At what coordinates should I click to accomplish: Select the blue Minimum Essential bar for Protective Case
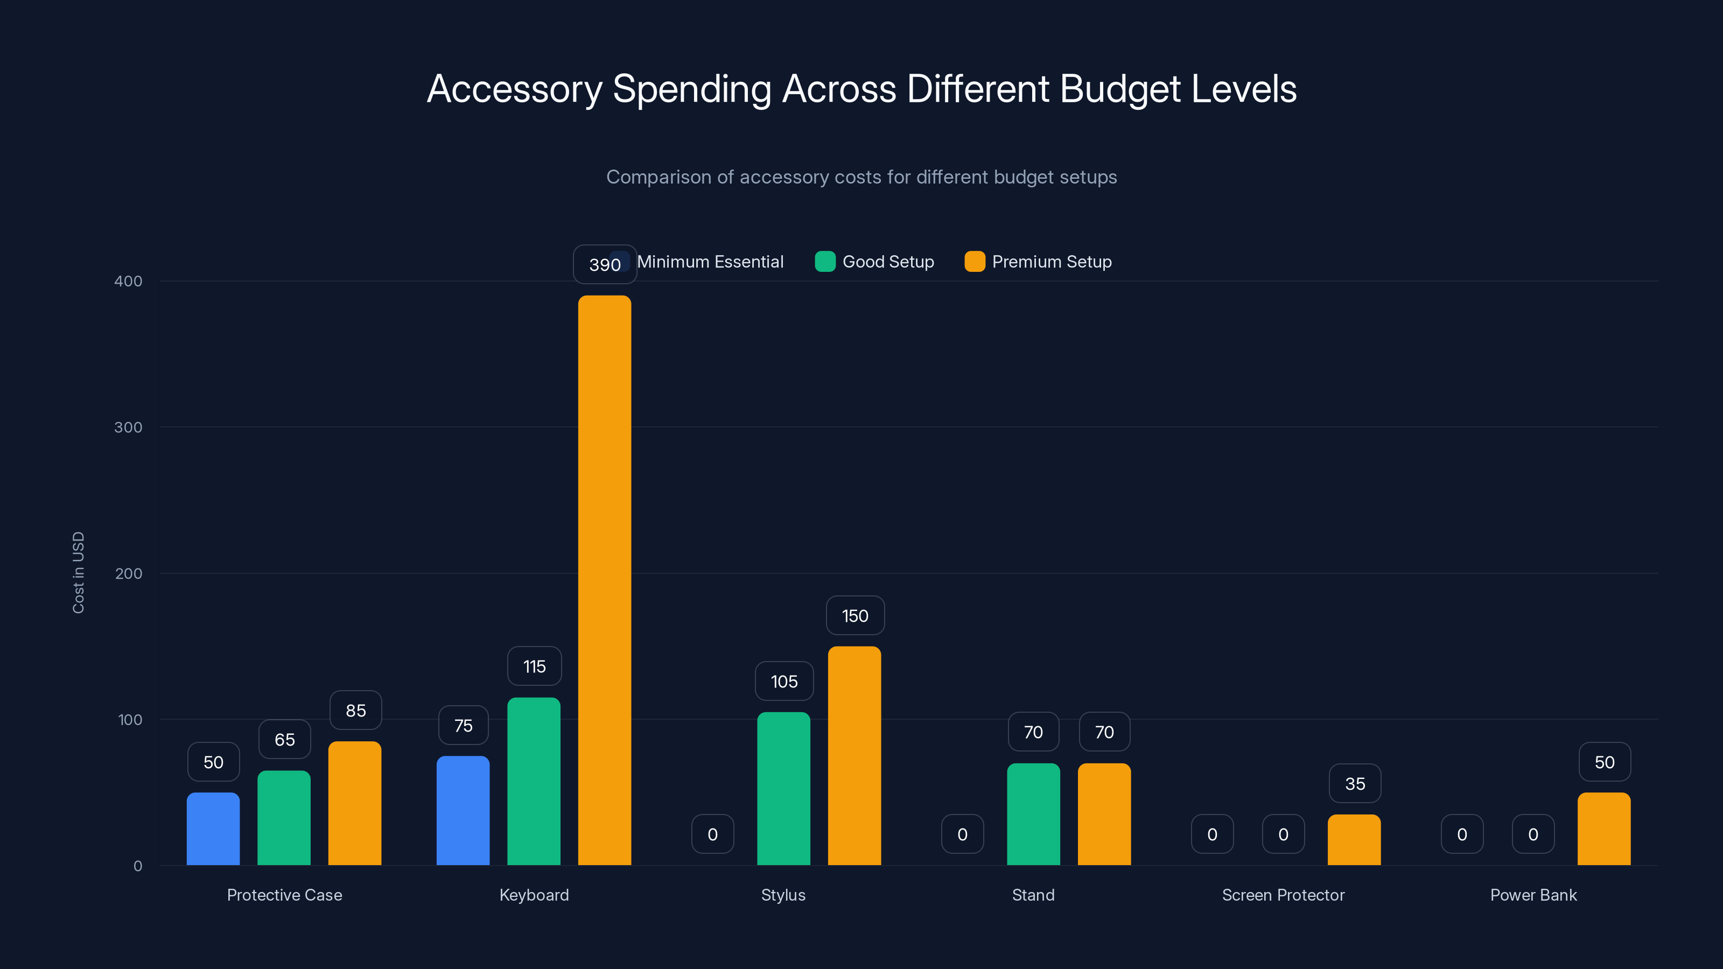tap(213, 828)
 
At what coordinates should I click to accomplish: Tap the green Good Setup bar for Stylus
tap(783, 789)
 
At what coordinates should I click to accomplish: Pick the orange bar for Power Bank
tap(1603, 828)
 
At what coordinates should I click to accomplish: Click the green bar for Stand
tap(1033, 814)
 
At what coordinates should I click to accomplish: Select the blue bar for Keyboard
tap(463, 811)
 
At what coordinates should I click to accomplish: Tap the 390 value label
tap(604, 264)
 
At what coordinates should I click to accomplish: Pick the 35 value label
tap(1355, 783)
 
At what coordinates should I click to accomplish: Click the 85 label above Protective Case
tap(355, 710)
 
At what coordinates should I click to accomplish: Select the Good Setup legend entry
tap(875, 262)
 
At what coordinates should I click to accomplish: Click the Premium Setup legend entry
tap(1038, 262)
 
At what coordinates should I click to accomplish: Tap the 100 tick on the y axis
tap(130, 720)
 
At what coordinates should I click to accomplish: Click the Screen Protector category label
tap(1282, 895)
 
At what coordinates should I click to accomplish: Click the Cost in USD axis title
tap(78, 572)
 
